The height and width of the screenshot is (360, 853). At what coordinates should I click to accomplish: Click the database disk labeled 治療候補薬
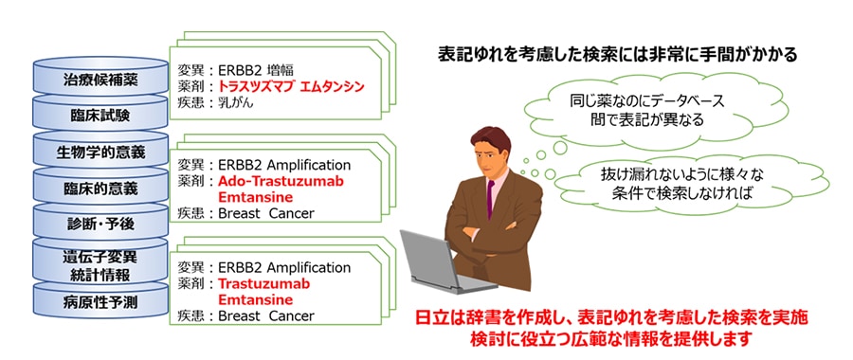[x=101, y=80]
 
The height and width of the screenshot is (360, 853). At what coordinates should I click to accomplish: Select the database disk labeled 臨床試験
[x=101, y=115]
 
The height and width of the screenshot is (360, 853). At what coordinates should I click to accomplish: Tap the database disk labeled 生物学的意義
[x=101, y=152]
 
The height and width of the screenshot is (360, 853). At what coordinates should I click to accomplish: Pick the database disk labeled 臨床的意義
[x=101, y=188]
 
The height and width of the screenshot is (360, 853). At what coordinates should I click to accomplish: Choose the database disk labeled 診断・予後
[x=101, y=224]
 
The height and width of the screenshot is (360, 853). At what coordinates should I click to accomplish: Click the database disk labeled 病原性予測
[x=101, y=302]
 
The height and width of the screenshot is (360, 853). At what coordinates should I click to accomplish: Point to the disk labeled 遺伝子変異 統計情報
[x=101, y=265]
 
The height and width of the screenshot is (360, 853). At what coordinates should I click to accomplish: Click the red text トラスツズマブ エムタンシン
[x=291, y=86]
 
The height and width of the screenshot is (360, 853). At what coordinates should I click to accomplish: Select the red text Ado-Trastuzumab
[x=281, y=181]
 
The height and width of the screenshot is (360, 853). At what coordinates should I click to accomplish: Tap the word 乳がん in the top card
[x=236, y=102]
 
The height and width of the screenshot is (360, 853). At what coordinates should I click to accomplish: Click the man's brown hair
[x=491, y=142]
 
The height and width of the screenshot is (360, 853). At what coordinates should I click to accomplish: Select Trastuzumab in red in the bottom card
[x=263, y=283]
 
